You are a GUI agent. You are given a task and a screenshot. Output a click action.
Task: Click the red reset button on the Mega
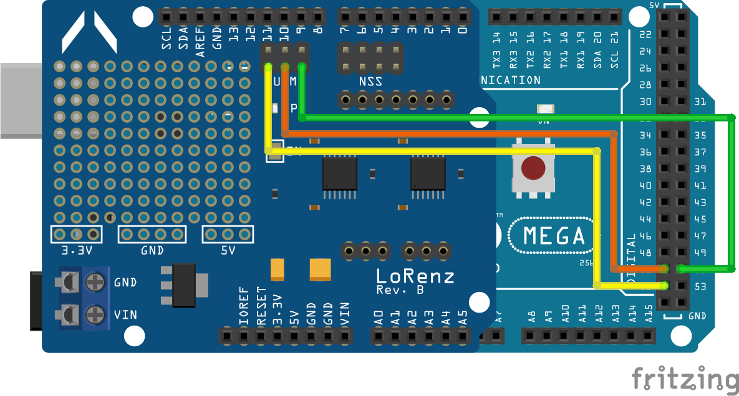pyautogui.click(x=533, y=168)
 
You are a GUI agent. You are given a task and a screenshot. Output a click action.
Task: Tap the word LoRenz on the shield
pyautogui.click(x=415, y=276)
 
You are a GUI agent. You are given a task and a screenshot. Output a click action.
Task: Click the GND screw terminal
pyautogui.click(x=94, y=283)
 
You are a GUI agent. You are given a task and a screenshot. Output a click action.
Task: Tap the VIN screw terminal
pyautogui.click(x=94, y=313)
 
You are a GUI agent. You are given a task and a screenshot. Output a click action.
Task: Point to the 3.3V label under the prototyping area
pyautogui.click(x=77, y=250)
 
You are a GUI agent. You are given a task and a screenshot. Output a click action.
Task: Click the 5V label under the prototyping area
pyautogui.click(x=228, y=250)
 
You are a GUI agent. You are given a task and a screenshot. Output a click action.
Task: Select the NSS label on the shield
pyautogui.click(x=370, y=82)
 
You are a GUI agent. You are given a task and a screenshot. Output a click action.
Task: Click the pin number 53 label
pyautogui.click(x=700, y=286)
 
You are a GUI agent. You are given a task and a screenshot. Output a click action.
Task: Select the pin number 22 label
pyautogui.click(x=645, y=34)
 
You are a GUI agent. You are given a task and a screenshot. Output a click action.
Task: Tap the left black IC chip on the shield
pyautogui.click(x=339, y=173)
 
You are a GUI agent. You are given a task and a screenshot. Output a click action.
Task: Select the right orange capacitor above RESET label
pyautogui.click(x=321, y=269)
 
